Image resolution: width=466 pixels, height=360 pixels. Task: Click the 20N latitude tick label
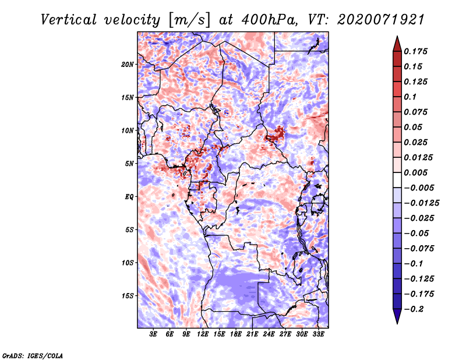128,64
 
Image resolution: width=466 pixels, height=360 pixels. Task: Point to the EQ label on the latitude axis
129,197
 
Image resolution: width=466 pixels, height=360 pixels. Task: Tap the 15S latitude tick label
128,296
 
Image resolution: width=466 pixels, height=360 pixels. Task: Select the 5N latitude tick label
129,164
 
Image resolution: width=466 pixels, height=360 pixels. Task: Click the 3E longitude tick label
153,334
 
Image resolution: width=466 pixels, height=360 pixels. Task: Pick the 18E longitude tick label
235,334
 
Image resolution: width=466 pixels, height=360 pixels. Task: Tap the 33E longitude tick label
318,334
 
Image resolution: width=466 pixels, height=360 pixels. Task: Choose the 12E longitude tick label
202,334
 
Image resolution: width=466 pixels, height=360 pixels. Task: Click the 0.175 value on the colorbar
415,51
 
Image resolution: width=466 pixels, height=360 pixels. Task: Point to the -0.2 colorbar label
414,309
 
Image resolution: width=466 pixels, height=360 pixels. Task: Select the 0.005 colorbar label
415,172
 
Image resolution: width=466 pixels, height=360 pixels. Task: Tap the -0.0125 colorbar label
421,203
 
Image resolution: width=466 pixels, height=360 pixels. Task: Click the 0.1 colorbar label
410,97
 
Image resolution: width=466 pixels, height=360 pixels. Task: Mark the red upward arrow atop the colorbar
397,44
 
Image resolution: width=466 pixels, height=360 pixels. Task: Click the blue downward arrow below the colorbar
397,316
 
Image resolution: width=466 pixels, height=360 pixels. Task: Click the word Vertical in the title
69,20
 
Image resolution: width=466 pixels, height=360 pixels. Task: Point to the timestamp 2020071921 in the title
381,20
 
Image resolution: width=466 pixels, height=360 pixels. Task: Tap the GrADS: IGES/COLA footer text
33,355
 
